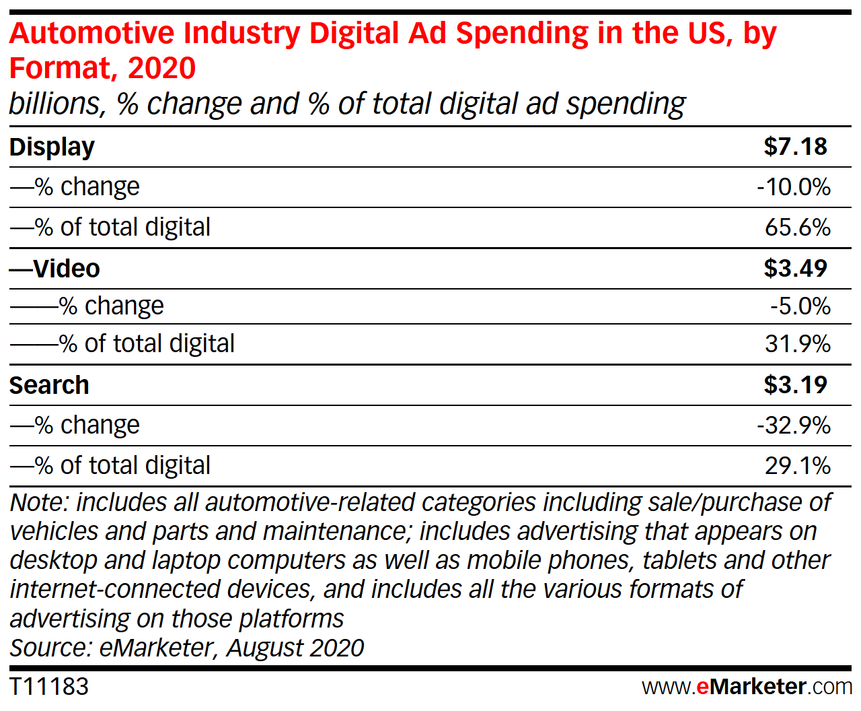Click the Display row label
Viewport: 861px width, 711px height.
point(52,147)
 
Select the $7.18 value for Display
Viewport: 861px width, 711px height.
point(795,147)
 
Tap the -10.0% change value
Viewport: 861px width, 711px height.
point(794,187)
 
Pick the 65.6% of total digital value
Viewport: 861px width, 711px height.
point(798,228)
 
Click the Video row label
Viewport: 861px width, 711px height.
point(66,269)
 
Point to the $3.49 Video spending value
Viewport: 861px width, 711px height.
point(795,269)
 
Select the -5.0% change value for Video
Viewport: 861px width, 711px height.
point(800,306)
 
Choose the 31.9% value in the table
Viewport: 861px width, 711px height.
point(798,344)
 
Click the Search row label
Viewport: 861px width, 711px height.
point(49,385)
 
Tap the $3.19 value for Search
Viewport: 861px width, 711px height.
point(795,385)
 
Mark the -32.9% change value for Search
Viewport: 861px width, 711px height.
point(794,426)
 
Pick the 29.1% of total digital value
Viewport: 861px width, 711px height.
point(798,466)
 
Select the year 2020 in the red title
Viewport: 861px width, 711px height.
point(161,68)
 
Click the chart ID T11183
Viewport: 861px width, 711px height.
point(49,687)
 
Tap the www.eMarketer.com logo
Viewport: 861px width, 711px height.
point(747,687)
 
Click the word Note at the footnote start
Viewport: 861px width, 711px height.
point(38,503)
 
